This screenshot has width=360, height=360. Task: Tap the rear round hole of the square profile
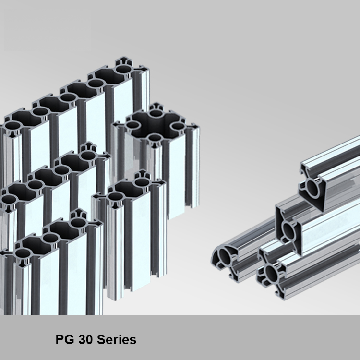point(156,115)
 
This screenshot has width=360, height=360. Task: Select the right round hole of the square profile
point(178,126)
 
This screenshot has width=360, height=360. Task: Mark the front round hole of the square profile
point(154,138)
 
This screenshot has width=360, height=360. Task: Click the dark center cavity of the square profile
point(155,126)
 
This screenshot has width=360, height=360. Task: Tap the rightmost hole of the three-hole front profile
point(77,222)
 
